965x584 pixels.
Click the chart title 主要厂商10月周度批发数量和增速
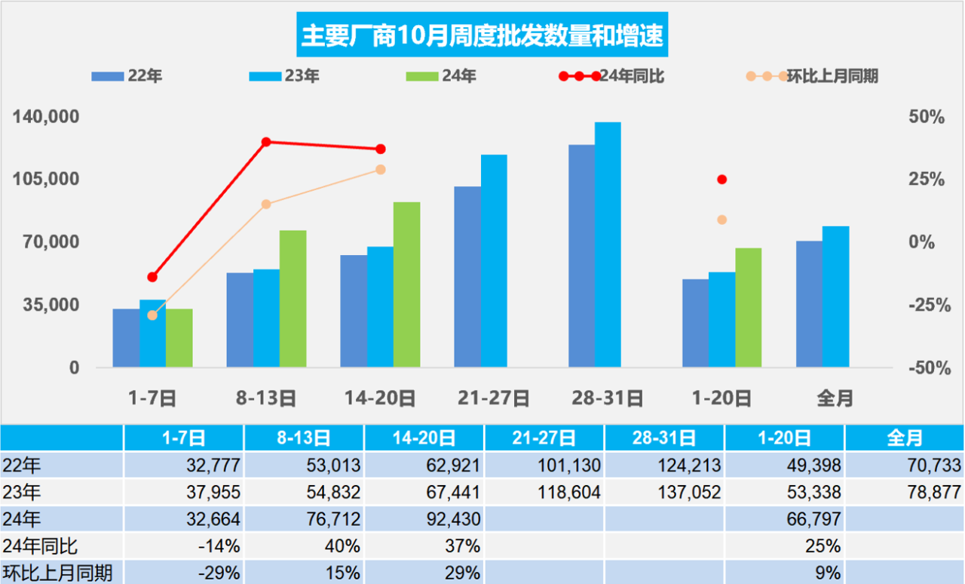482,35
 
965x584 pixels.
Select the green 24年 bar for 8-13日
293,299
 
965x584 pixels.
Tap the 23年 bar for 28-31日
608,244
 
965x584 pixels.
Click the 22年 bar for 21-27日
467,277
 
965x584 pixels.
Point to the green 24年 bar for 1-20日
748,308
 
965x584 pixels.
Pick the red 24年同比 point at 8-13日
266,142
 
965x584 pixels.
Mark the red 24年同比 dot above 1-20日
721,180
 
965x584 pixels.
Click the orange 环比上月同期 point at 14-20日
381,170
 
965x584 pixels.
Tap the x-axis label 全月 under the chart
835,398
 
